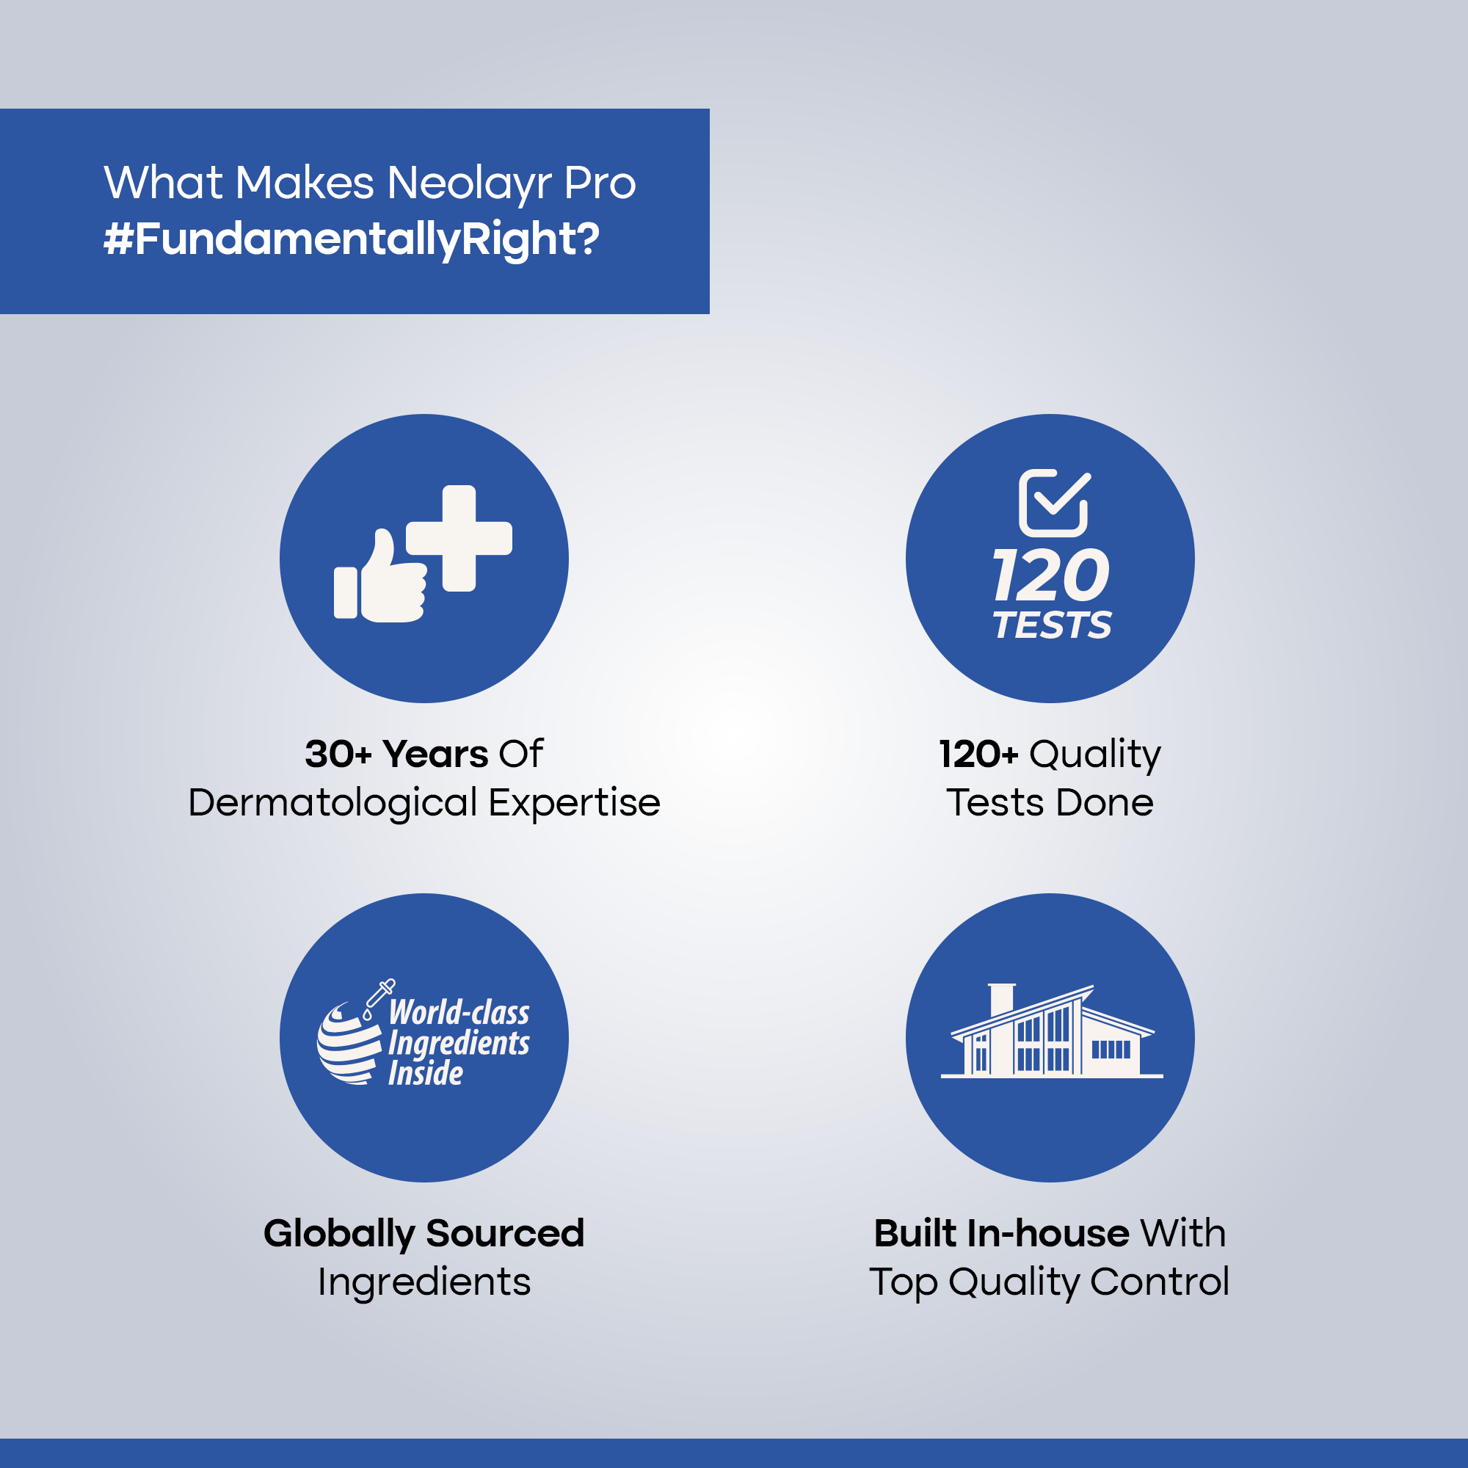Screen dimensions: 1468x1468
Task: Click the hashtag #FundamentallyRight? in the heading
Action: click(x=351, y=239)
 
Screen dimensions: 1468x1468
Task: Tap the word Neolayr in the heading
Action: click(x=469, y=185)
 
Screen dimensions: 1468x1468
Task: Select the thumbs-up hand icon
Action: click(x=381, y=576)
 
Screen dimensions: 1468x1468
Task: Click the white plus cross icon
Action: click(x=459, y=538)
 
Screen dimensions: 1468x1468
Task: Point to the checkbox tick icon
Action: click(x=1055, y=503)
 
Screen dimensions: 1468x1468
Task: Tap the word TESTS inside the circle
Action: click(x=1053, y=625)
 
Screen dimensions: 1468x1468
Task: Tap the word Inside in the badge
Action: click(x=426, y=1074)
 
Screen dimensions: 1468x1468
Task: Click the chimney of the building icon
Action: click(x=1002, y=1000)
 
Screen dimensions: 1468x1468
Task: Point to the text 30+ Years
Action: click(x=396, y=755)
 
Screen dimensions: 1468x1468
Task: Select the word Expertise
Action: click(x=575, y=804)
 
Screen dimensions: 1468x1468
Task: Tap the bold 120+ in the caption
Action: click(x=978, y=755)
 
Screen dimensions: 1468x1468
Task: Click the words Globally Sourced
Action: click(x=424, y=1234)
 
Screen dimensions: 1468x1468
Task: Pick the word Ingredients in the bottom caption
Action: click(x=424, y=1283)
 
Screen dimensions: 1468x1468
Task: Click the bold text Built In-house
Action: click(x=1001, y=1233)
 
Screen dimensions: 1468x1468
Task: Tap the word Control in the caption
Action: click(x=1160, y=1282)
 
